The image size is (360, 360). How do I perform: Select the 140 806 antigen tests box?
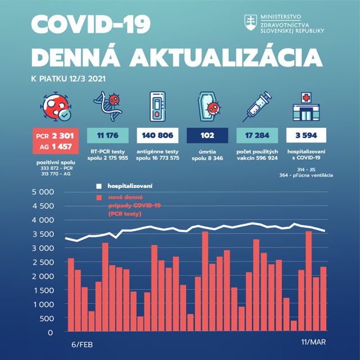[157, 136]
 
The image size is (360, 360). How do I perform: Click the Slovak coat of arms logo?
[249, 22]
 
